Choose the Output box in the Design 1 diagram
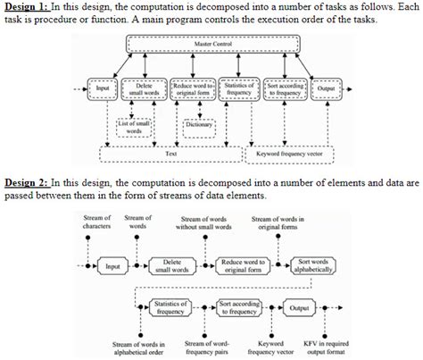pyautogui.click(x=325, y=88)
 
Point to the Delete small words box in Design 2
pyautogui.click(x=172, y=265)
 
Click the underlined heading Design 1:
pyautogui.click(x=27, y=6)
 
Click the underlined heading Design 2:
pyautogui.click(x=27, y=182)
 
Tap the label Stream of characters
pyautogui.click(x=95, y=222)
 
